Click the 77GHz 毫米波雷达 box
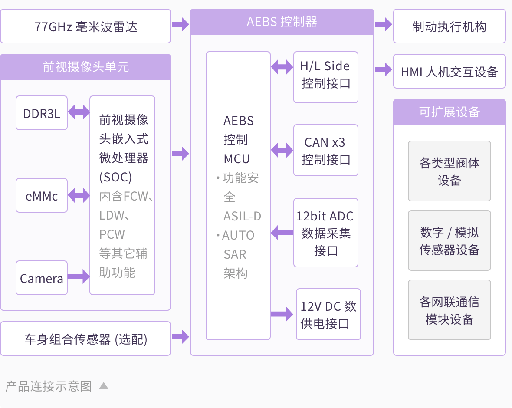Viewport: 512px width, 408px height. tap(85, 26)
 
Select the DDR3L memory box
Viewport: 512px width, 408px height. tap(42, 113)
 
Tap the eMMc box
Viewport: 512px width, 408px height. tap(42, 195)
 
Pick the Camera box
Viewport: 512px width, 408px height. tap(42, 278)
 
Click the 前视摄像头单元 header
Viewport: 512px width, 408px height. tap(85, 67)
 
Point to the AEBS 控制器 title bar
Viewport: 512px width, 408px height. tap(282, 22)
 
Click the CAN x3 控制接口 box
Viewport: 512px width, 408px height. tap(326, 150)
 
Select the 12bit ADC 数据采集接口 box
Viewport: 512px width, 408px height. tap(326, 233)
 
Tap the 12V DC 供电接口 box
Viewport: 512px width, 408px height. tap(328, 314)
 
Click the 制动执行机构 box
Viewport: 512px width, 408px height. tap(450, 26)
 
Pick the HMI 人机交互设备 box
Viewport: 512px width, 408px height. tap(450, 71)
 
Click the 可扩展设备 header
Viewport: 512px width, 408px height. tap(450, 112)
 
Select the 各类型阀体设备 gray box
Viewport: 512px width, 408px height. tap(450, 171)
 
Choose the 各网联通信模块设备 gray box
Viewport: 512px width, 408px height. tap(450, 310)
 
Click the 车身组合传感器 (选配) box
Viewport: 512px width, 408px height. tap(85, 339)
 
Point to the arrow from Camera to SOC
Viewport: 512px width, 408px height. tap(79, 276)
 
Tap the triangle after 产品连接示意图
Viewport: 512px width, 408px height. tap(103, 385)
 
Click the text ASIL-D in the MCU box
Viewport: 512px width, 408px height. tap(242, 216)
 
